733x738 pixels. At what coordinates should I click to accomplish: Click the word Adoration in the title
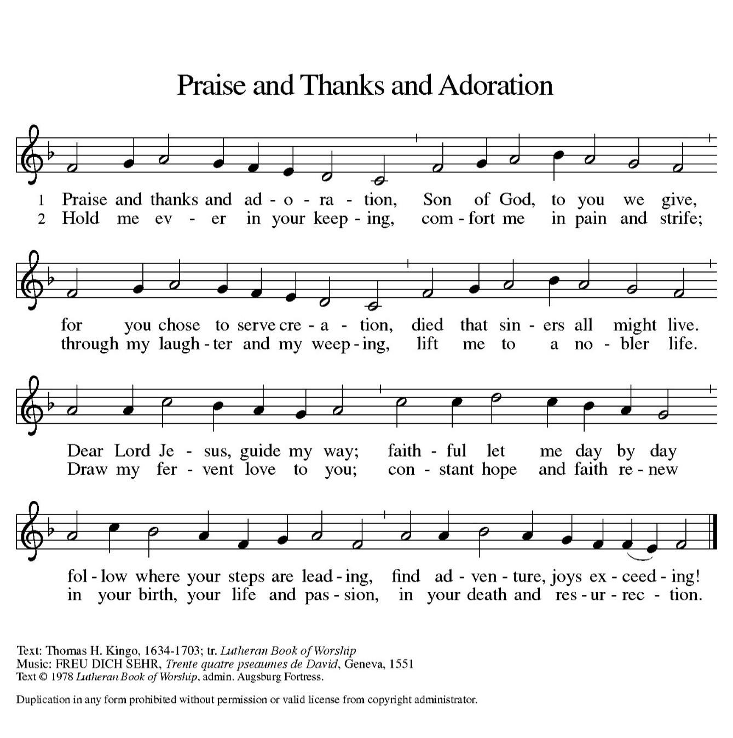495,86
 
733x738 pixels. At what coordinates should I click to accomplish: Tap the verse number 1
41,200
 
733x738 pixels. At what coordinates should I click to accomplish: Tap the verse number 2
41,220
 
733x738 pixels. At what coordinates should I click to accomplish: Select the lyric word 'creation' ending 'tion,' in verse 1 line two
376,326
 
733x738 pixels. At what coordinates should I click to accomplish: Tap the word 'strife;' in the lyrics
680,219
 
